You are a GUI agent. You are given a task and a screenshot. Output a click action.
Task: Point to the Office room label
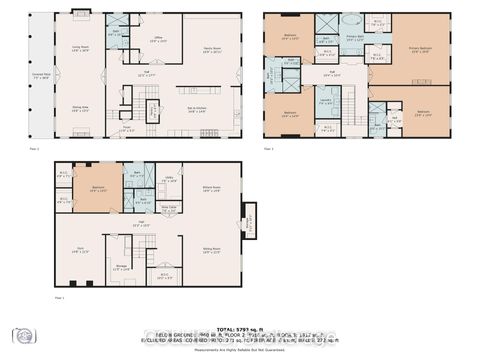[157, 41]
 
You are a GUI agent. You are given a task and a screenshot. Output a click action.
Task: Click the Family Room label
[211, 49]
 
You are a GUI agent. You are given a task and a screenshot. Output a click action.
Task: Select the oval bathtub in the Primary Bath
[351, 20]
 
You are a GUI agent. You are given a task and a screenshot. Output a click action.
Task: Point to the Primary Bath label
[354, 38]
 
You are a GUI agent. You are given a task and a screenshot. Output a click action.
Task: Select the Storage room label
[121, 266]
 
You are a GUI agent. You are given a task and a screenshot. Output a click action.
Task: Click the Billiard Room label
[210, 187]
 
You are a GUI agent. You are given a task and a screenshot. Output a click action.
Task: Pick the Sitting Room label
[212, 252]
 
